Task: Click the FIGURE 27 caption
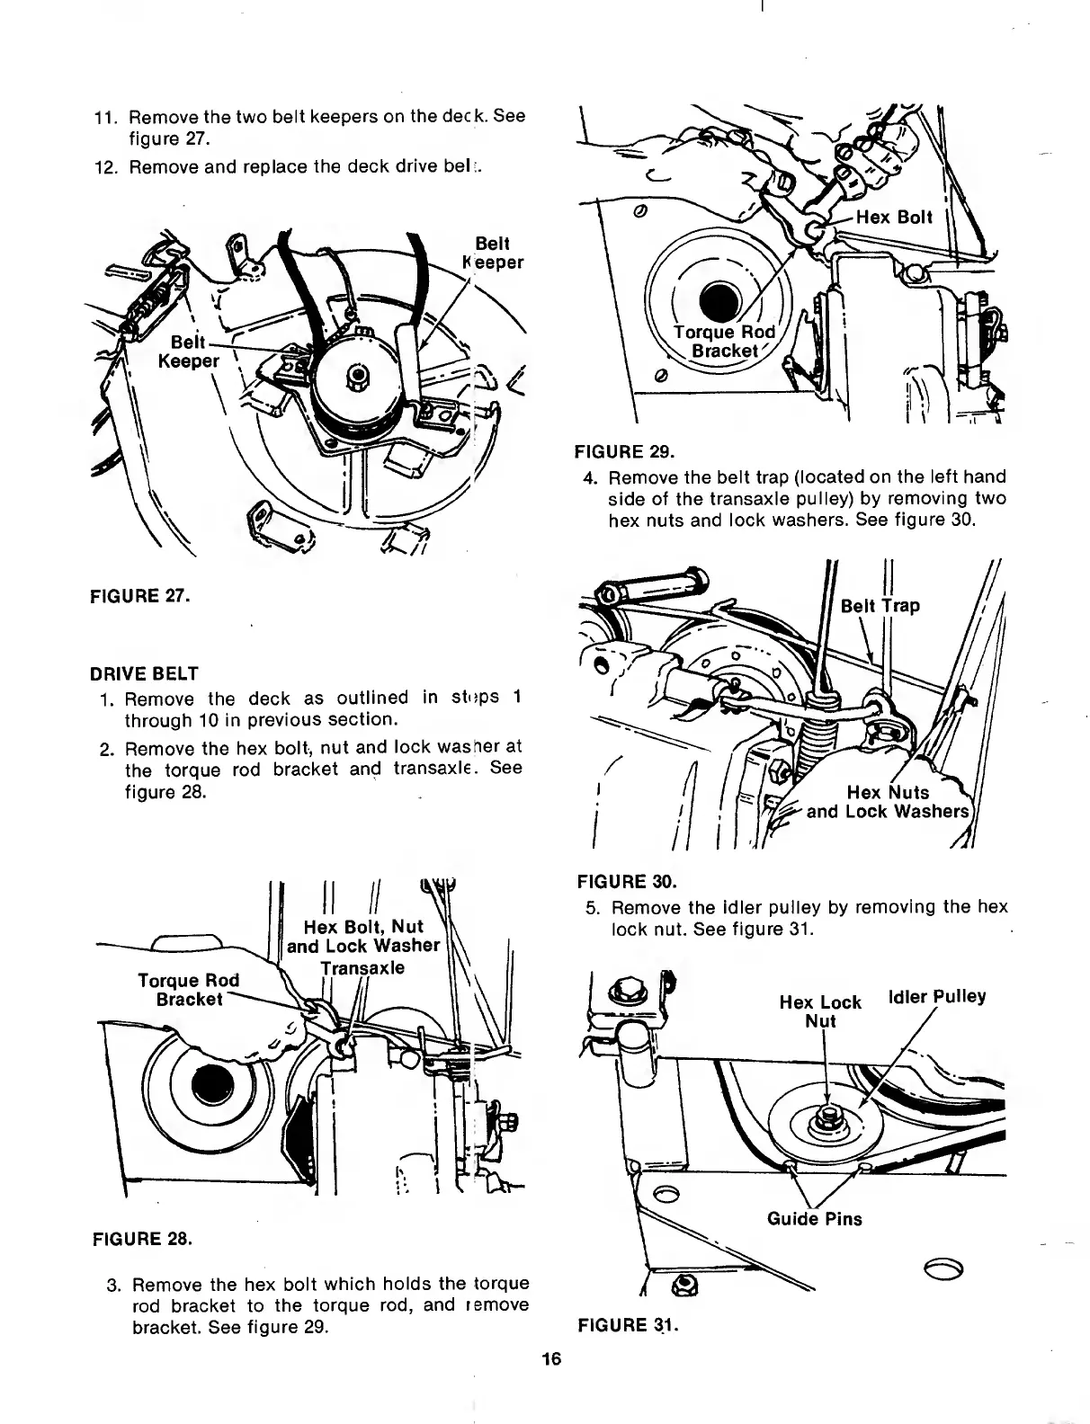[x=140, y=596]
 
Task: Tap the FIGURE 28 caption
[x=142, y=1239]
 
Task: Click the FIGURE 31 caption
[x=624, y=1324]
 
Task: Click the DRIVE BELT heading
[x=145, y=673]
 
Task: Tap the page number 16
[x=551, y=1358]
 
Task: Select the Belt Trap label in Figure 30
[x=880, y=605]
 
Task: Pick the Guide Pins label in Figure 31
[x=814, y=1219]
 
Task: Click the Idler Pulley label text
[x=936, y=996]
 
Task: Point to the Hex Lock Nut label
[x=820, y=1011]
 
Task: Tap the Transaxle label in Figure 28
[x=362, y=967]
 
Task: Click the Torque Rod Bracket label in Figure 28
[x=188, y=990]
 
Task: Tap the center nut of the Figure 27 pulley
[x=359, y=374]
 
